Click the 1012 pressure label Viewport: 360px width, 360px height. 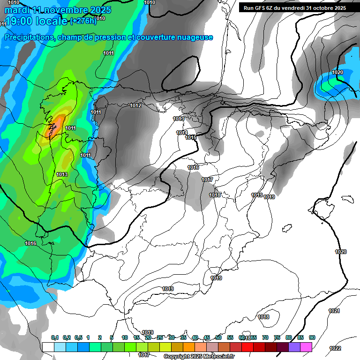[135, 105]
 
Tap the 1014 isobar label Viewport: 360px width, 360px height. [182, 133]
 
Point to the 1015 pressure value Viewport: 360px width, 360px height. [191, 137]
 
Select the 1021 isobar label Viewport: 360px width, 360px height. [334, 311]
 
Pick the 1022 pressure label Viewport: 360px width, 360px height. [335, 348]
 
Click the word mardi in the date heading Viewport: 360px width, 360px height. [15, 10]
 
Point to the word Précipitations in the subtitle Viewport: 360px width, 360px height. [28, 37]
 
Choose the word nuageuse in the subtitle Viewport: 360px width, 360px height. [194, 37]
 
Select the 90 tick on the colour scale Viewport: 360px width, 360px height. [312, 337]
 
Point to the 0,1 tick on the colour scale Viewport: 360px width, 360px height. [55, 337]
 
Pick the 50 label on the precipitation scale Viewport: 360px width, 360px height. [218, 337]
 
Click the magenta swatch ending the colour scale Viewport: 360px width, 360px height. [306, 347]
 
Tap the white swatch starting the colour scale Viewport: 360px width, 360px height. [48, 347]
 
